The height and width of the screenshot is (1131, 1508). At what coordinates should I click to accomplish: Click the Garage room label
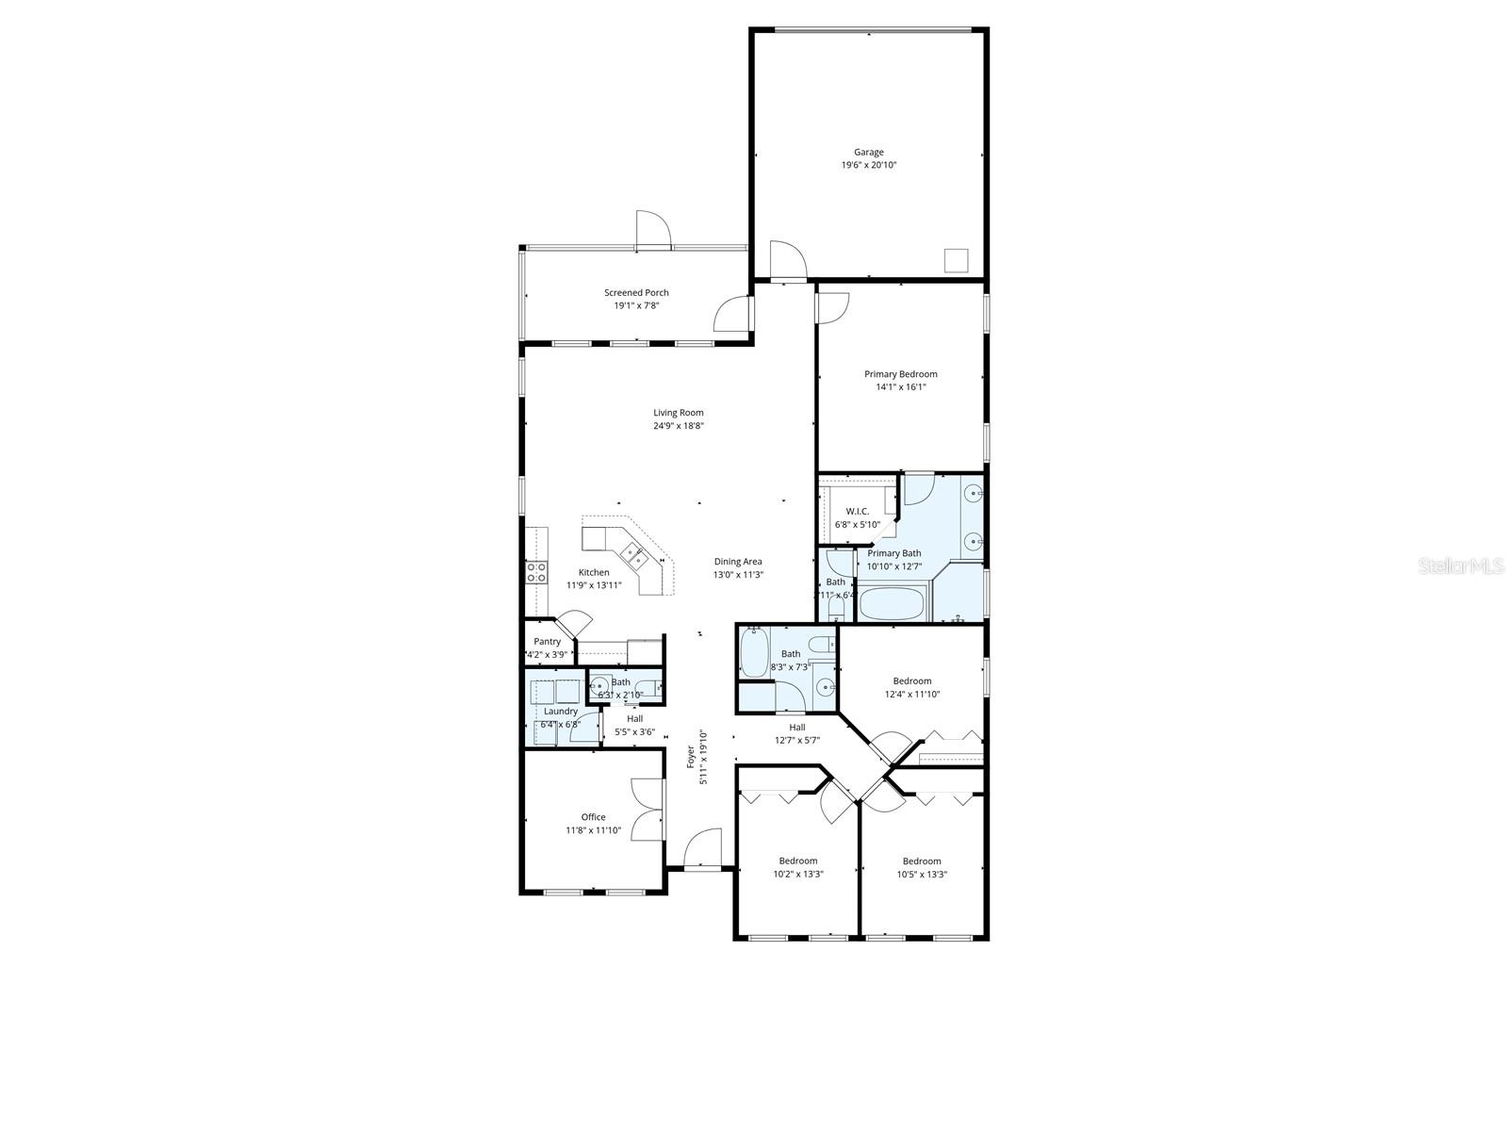(868, 152)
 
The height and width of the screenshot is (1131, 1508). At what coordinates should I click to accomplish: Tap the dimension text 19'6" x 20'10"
(868, 165)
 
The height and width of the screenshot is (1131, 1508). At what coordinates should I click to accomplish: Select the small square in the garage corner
(958, 260)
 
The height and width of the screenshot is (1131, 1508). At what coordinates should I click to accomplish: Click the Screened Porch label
(636, 292)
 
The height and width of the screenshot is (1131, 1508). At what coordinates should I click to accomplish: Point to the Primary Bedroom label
(900, 374)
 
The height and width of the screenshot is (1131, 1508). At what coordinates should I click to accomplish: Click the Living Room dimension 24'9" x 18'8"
(679, 425)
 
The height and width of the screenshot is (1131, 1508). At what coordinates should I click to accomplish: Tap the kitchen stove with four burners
(536, 572)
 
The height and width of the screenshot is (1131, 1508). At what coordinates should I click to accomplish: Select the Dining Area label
(738, 562)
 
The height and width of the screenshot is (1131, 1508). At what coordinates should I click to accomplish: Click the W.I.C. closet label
(857, 511)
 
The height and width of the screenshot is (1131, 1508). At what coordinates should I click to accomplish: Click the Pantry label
(547, 642)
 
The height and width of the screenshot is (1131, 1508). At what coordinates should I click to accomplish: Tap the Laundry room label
(561, 712)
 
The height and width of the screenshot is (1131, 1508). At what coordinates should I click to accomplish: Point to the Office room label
(593, 817)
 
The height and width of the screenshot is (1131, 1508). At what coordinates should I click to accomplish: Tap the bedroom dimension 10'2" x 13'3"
(797, 874)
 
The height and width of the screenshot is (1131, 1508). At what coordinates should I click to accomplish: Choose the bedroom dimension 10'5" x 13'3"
(922, 874)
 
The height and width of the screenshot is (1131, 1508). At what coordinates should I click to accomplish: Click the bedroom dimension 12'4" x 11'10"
(911, 695)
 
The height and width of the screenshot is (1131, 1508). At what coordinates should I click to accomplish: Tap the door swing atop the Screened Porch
(651, 229)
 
